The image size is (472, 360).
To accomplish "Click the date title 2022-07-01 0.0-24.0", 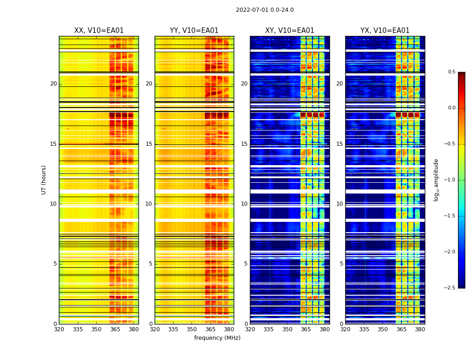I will (265, 10).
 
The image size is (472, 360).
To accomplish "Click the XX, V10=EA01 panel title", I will (99, 31).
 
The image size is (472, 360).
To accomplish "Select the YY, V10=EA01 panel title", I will (194, 31).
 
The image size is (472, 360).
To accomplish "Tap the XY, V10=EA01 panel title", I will (289, 31).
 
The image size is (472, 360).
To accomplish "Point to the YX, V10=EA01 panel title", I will (385, 31).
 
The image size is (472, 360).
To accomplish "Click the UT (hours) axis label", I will (44, 180).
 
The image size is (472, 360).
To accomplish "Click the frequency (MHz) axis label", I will (217, 338).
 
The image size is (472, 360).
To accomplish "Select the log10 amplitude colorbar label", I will (436, 180).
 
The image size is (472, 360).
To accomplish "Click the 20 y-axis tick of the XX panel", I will (53, 84).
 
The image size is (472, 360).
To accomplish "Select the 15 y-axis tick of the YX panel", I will (340, 144).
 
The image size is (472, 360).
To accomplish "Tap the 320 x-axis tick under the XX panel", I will (59, 329).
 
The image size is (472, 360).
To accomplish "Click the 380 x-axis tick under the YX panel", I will (420, 329).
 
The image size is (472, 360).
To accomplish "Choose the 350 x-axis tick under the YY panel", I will (192, 329).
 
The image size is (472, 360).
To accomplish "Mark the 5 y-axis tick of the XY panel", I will (246, 264).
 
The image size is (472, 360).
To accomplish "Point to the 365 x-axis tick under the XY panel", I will (306, 329).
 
